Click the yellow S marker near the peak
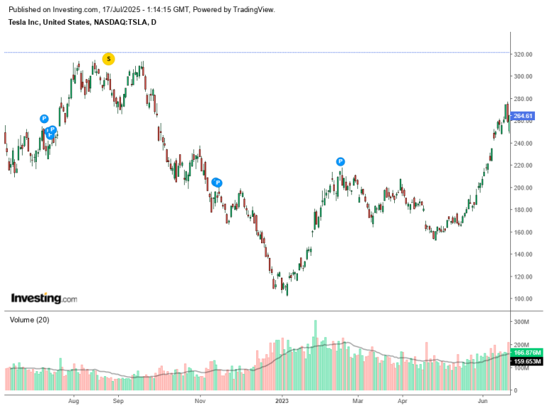pyautogui.click(x=108, y=59)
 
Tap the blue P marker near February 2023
pyautogui.click(x=340, y=162)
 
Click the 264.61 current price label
pyautogui.click(x=524, y=116)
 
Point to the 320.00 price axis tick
pyautogui.click(x=524, y=54)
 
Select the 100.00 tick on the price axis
pyautogui.click(x=524, y=299)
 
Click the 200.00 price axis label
pyautogui.click(x=524, y=187)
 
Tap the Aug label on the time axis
pyautogui.click(x=73, y=400)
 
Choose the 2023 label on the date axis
pyautogui.click(x=282, y=400)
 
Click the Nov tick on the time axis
pyautogui.click(x=200, y=400)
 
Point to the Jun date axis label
pyautogui.click(x=483, y=400)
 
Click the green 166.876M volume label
pyautogui.click(x=528, y=352)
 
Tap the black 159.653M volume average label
pyautogui.click(x=528, y=361)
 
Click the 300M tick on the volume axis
pyautogui.click(x=522, y=322)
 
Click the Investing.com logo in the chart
pyautogui.click(x=44, y=298)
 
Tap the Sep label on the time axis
pyautogui.click(x=118, y=400)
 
